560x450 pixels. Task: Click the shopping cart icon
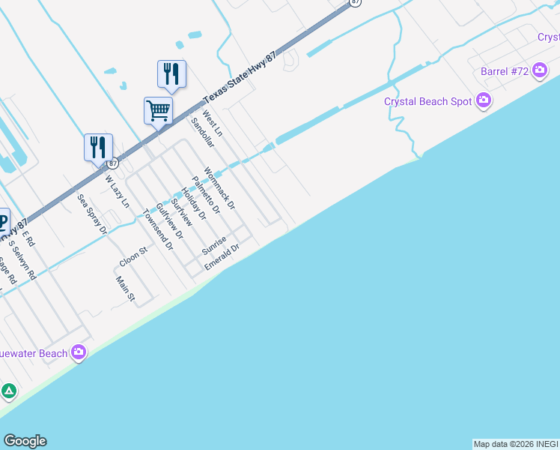tap(159, 110)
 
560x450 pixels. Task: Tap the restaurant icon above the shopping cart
tap(171, 73)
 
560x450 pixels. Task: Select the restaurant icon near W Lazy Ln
tap(98, 147)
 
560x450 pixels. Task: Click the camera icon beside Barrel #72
tap(540, 72)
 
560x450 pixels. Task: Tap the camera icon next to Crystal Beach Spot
tap(484, 100)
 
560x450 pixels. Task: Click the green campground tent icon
tap(8, 391)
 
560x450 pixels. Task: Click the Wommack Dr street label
tap(219, 187)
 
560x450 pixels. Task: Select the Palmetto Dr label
tap(206, 195)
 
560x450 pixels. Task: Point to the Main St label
tap(125, 289)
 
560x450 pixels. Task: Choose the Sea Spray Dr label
tap(93, 214)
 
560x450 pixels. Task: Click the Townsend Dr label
tap(159, 229)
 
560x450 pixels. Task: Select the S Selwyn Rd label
tap(22, 259)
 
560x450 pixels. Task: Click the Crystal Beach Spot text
tap(427, 101)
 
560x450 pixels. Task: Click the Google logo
tap(25, 441)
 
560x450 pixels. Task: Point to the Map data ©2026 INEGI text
tap(515, 444)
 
